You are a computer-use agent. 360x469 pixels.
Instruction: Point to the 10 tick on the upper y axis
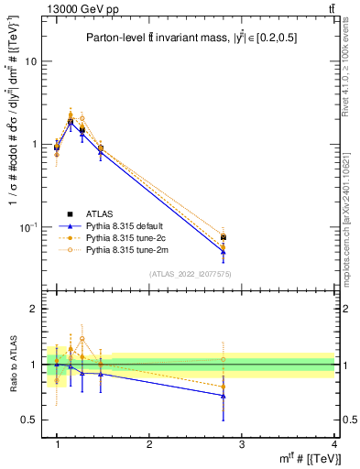[x=31, y=61]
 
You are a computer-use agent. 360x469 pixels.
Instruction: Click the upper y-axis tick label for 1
[x=34, y=145]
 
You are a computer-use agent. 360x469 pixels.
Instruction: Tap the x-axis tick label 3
[x=242, y=444]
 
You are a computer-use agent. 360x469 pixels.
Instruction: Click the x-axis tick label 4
[x=333, y=444]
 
